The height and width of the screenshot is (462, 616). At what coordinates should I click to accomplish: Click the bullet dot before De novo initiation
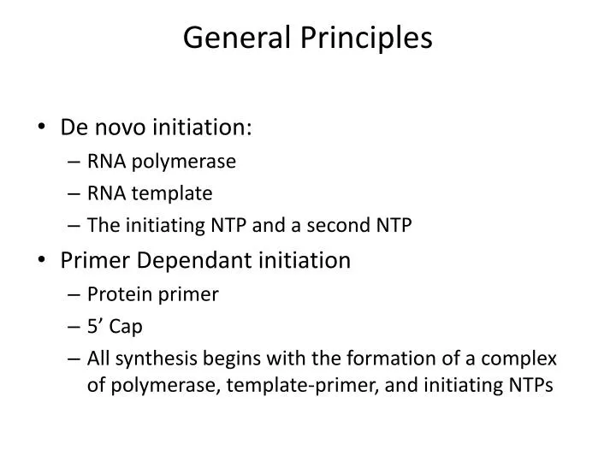pos(43,128)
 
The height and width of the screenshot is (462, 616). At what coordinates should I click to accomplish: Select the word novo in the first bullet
pos(118,127)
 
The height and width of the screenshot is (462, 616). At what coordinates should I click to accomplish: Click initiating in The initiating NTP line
pos(162,226)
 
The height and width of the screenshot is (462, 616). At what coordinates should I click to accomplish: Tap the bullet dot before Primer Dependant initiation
pos(43,261)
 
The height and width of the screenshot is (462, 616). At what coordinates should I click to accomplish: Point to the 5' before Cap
pos(95,326)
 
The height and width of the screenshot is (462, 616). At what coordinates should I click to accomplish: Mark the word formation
pos(383,358)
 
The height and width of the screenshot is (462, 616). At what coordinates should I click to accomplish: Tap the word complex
pos(523,358)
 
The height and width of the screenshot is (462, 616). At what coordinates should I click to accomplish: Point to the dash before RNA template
pos(74,194)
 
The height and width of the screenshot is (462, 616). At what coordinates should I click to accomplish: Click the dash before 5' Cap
pos(74,327)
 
